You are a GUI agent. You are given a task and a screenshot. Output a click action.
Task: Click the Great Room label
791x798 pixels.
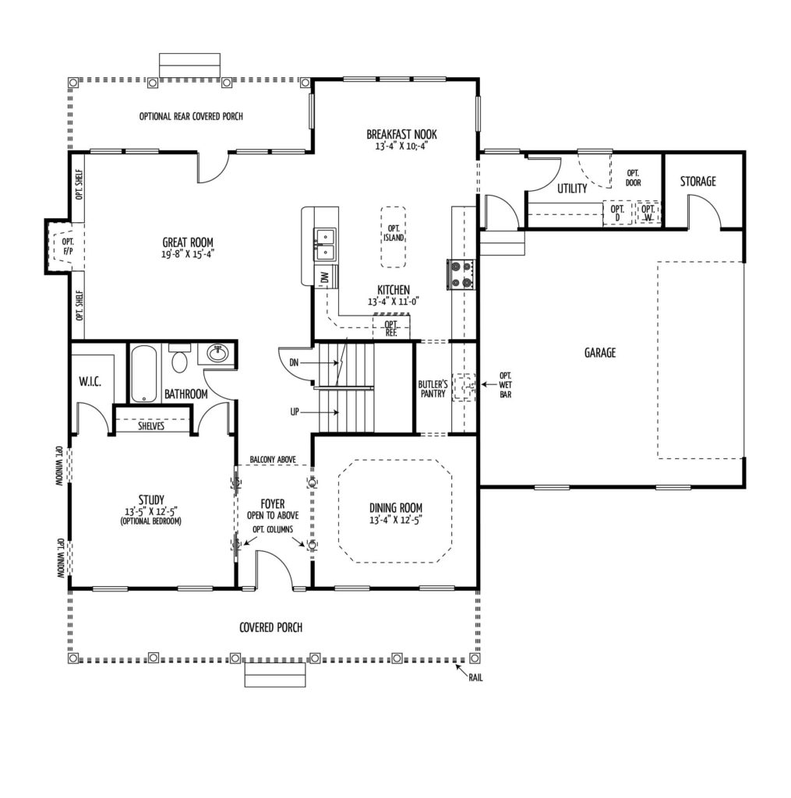[188, 242]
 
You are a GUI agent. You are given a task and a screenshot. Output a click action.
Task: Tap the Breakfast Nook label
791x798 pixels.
[401, 134]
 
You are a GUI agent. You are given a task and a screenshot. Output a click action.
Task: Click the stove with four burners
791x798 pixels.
[461, 274]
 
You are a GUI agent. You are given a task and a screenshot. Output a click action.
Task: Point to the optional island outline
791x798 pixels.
[394, 237]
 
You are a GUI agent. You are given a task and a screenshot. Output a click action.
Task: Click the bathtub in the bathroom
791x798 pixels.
[143, 374]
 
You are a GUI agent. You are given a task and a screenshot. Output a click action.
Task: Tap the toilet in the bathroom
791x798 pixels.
[179, 358]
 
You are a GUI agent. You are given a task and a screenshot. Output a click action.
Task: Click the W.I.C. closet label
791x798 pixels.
[90, 381]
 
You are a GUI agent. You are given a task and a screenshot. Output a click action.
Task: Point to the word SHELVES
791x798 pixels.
[151, 425]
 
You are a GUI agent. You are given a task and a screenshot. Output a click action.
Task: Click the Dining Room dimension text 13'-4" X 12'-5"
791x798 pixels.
[396, 520]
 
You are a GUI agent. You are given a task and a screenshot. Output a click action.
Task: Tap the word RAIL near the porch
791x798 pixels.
[475, 678]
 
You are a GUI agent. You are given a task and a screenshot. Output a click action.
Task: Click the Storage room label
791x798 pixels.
[697, 181]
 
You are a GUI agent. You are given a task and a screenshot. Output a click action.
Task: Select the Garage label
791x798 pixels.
[600, 352]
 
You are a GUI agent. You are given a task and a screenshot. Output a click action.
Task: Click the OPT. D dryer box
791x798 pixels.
[617, 213]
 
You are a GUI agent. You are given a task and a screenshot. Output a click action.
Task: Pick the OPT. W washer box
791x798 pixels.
[648, 213]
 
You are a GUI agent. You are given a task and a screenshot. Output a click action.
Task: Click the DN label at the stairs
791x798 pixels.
[294, 363]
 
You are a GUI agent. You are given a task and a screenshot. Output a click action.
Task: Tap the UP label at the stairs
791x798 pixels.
[295, 411]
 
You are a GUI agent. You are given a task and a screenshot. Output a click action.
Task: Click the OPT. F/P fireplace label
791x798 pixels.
[68, 246]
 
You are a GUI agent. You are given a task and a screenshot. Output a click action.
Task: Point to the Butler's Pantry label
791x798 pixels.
[433, 389]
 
